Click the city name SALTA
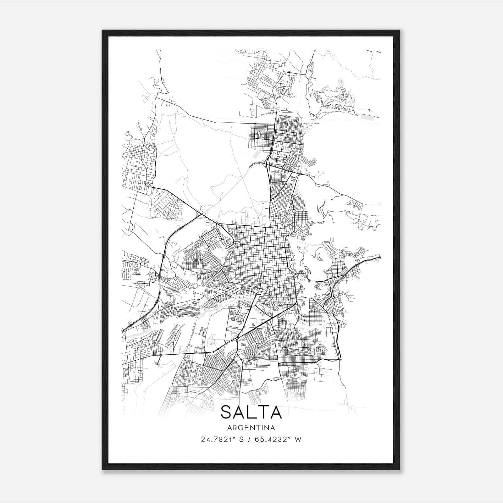(251, 412)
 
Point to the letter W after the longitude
(298, 439)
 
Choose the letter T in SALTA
(263, 412)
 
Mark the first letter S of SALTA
(226, 412)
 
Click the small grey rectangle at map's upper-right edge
(368, 117)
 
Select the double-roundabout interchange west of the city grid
(201, 214)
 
